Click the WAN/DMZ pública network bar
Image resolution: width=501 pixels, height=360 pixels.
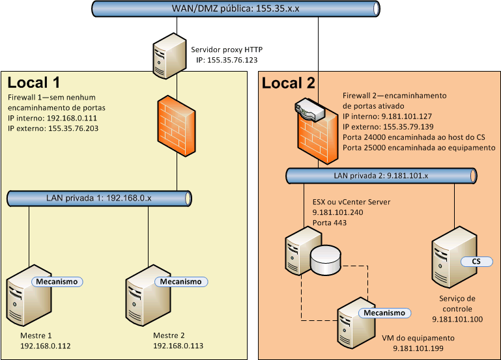click(235, 8)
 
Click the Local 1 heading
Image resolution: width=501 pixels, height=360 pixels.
click(34, 83)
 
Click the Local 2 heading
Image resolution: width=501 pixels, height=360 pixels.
click(288, 83)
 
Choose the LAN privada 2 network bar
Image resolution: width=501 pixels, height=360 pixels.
click(382, 176)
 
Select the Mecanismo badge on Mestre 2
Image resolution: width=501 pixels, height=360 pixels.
click(180, 282)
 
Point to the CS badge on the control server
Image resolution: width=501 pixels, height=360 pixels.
click(476, 261)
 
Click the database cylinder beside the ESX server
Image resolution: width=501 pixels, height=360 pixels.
click(326, 260)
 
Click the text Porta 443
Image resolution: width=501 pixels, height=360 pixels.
click(330, 223)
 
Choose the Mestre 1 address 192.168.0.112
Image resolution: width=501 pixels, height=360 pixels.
click(46, 346)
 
